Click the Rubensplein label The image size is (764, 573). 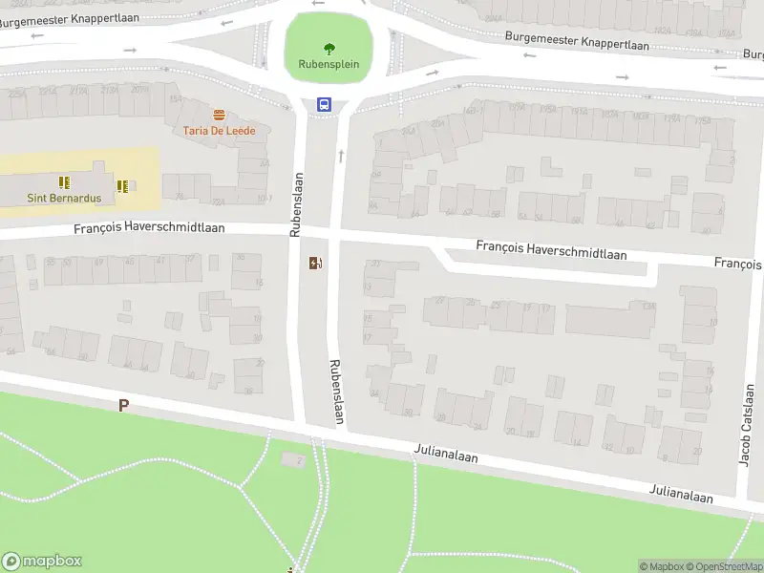328,65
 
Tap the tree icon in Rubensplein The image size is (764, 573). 329,49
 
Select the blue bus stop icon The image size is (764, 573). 325,105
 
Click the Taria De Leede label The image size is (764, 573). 220,130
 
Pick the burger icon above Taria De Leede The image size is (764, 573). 220,115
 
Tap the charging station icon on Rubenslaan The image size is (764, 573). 315,264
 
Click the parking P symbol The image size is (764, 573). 123,406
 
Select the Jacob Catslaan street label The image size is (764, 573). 747,425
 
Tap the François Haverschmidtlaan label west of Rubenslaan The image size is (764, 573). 150,229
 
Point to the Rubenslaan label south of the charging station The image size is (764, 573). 336,392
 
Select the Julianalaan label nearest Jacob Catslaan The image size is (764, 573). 681,497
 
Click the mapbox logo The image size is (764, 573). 42,562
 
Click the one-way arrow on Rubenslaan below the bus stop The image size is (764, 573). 341,154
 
